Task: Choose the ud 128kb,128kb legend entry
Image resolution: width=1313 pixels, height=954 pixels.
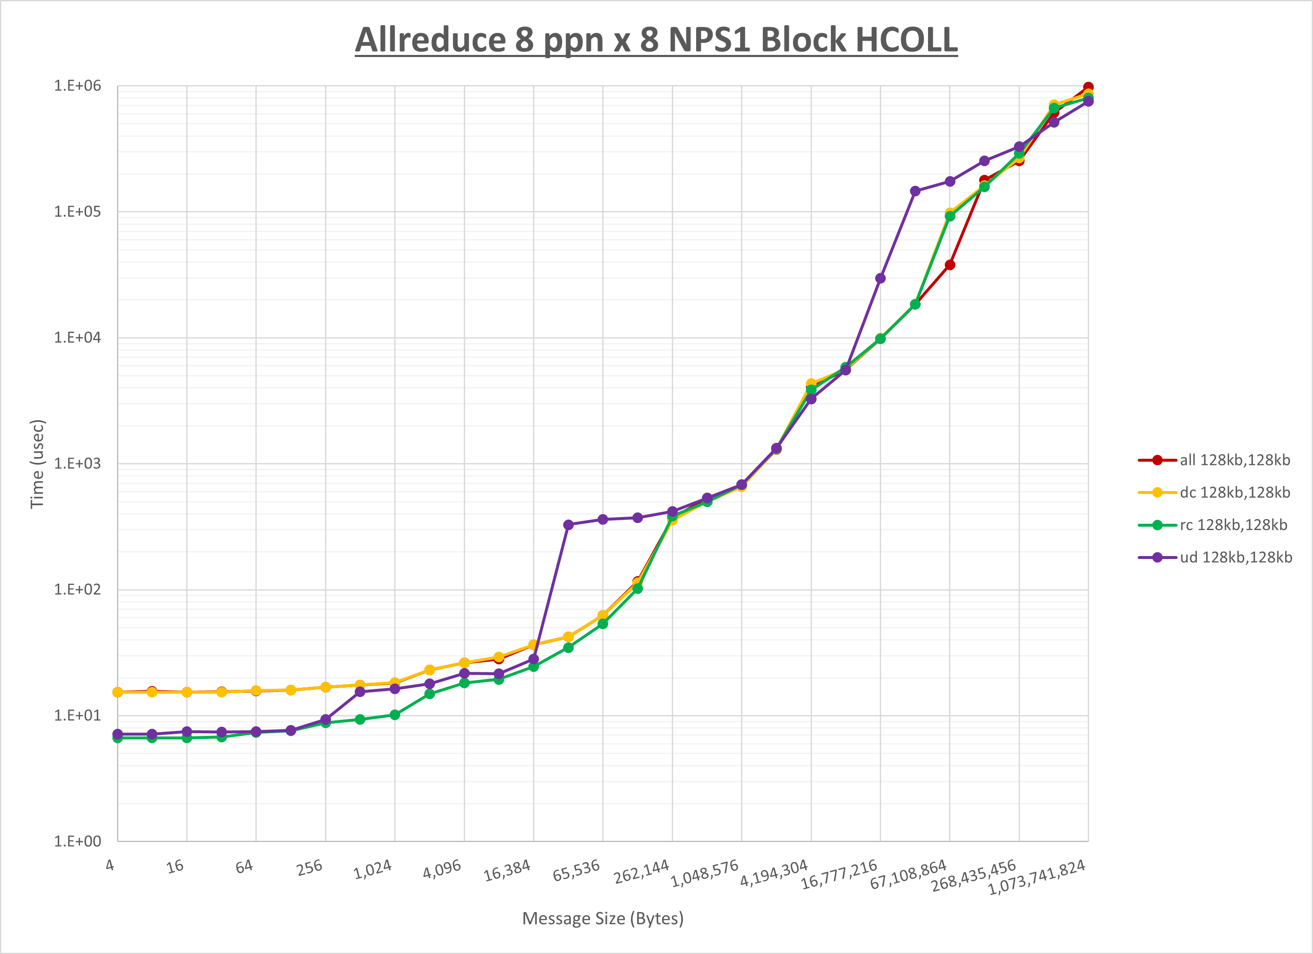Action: [1235, 557]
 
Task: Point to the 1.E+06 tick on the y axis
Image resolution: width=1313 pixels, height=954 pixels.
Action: [77, 86]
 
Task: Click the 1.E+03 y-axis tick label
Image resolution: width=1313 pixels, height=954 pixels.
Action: [77, 464]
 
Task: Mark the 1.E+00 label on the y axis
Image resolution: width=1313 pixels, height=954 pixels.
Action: [77, 841]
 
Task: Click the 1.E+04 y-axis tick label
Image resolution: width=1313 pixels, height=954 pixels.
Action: [77, 338]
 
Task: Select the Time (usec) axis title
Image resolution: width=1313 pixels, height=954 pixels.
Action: [37, 464]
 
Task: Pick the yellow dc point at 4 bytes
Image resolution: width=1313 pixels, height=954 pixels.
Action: [117, 692]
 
